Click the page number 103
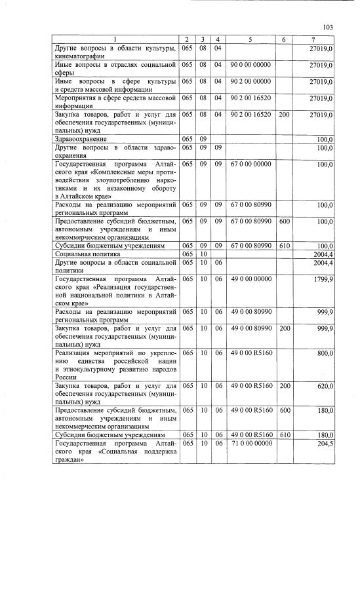[x=329, y=27]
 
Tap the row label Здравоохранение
[x=80, y=139]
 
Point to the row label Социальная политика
[x=85, y=253]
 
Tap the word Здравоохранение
[x=80, y=139]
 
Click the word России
[x=66, y=378]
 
